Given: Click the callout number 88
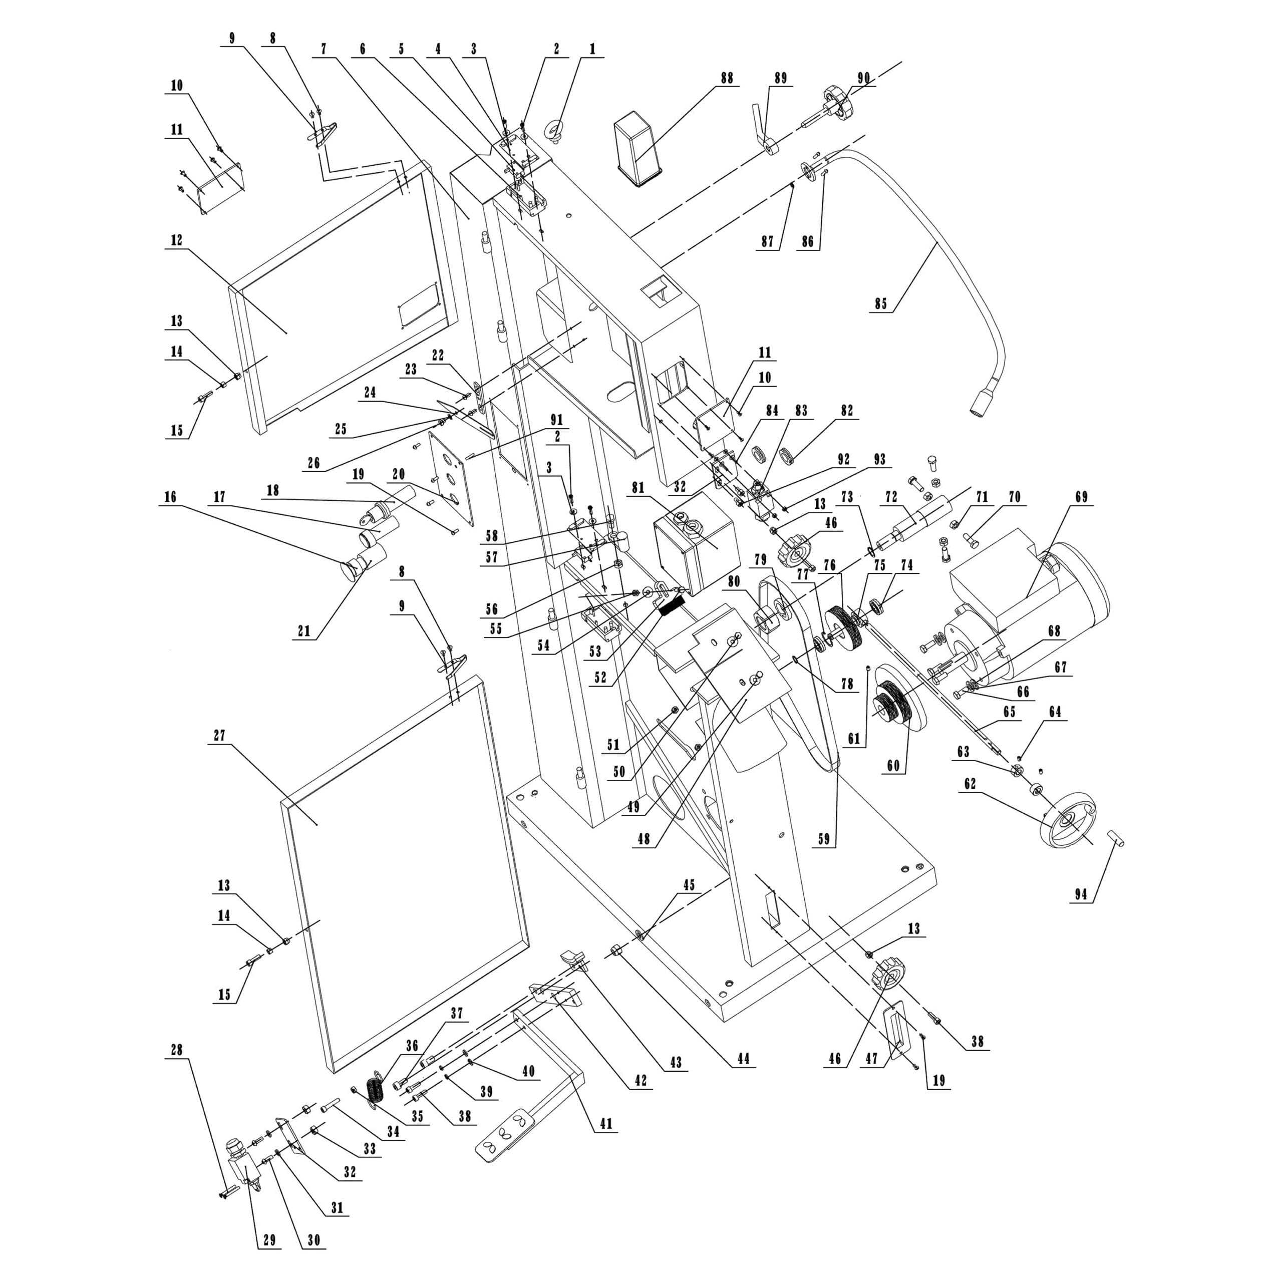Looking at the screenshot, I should pos(727,78).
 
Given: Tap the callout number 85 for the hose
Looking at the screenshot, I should pos(880,304).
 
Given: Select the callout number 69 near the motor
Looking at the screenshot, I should pos(1081,497).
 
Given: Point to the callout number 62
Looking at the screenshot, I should pos(970,784).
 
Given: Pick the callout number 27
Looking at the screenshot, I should pos(220,735).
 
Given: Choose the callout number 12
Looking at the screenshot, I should pos(176,240).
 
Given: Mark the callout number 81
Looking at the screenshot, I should pos(637,488).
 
